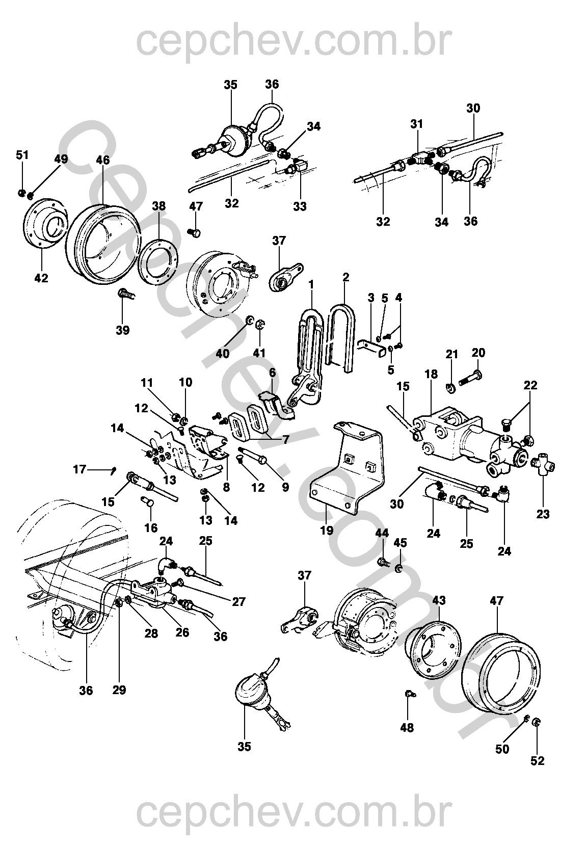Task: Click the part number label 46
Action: [102, 160]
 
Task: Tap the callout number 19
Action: [327, 530]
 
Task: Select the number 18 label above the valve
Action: [431, 375]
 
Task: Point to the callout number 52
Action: [537, 761]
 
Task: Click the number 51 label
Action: [22, 155]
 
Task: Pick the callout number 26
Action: [182, 632]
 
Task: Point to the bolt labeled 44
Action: [383, 564]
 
